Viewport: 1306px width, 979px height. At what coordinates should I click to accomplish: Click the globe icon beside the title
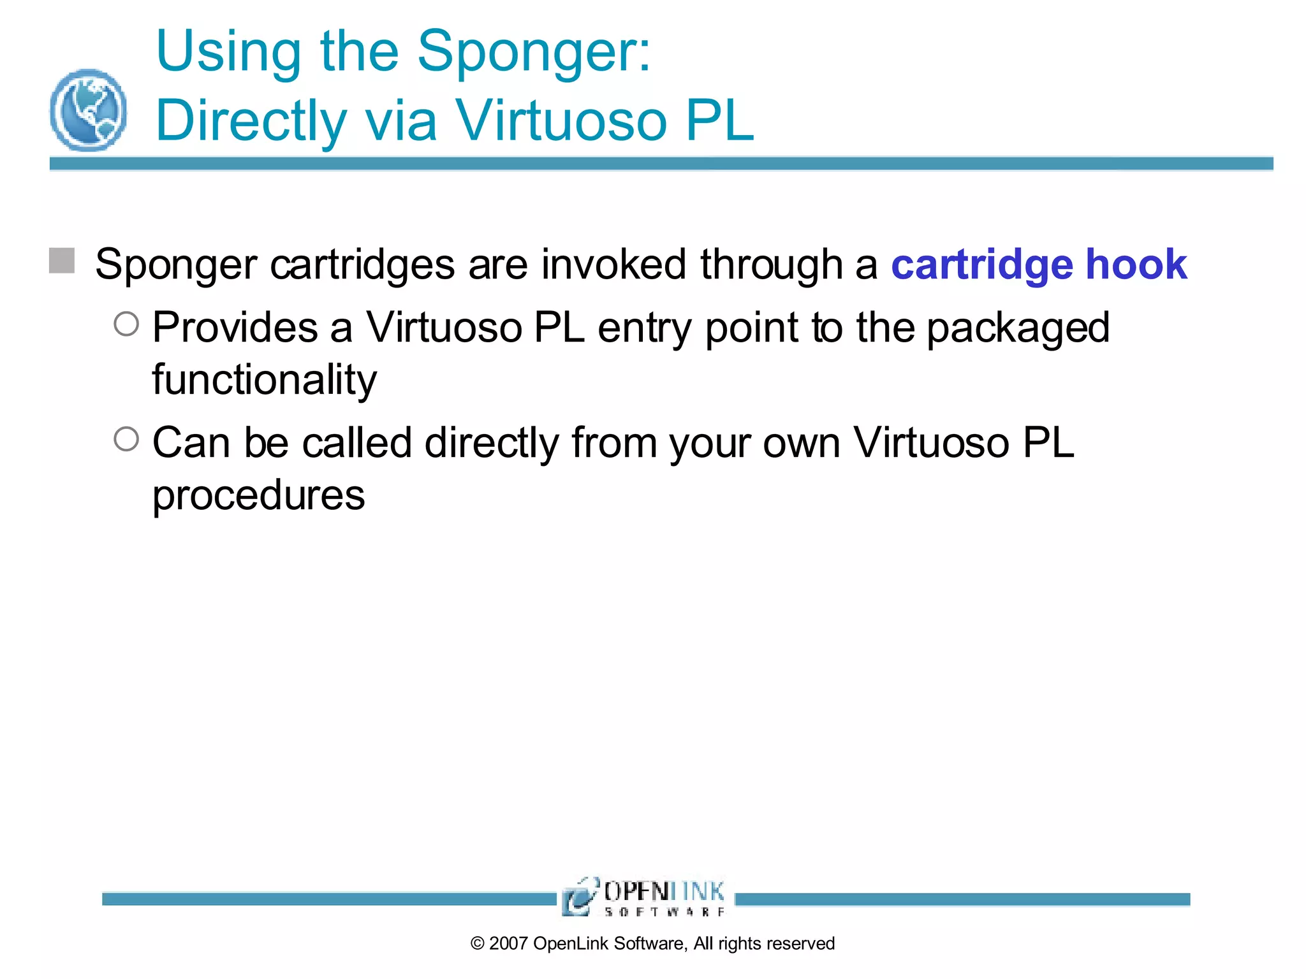pyautogui.click(x=88, y=110)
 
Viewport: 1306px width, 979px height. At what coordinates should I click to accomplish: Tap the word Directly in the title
pyautogui.click(x=251, y=121)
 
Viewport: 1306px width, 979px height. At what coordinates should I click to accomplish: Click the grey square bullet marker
pyautogui.click(x=62, y=261)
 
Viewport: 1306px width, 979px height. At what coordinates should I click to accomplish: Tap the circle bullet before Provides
pyautogui.click(x=126, y=324)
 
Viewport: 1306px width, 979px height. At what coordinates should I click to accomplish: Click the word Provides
pyautogui.click(x=235, y=328)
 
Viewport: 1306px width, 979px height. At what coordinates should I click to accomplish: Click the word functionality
pyautogui.click(x=264, y=380)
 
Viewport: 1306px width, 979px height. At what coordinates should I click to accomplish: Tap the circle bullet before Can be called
pyautogui.click(x=126, y=439)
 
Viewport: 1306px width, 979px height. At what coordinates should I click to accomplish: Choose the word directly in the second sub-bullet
pyautogui.click(x=492, y=443)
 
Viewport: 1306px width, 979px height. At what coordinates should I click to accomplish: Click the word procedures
pyautogui.click(x=258, y=496)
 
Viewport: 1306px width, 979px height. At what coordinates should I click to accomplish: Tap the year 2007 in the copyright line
pyautogui.click(x=508, y=943)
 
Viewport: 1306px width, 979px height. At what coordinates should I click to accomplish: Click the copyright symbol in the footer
pyautogui.click(x=478, y=943)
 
